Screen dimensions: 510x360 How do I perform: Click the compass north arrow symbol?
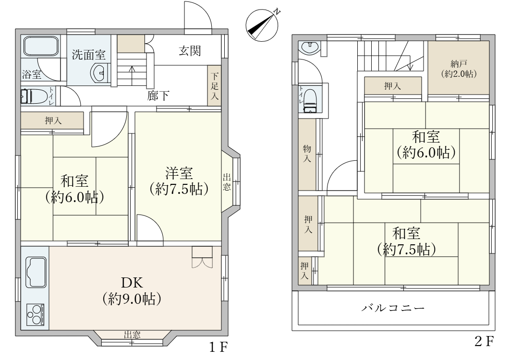pyautogui.click(x=262, y=25)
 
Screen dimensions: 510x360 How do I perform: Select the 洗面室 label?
pyautogui.click(x=88, y=54)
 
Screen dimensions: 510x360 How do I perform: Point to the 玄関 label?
pyautogui.click(x=190, y=51)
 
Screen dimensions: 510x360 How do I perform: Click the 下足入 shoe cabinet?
pyautogui.click(x=214, y=86)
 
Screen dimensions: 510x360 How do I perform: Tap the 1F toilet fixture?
pyautogui.click(x=35, y=96)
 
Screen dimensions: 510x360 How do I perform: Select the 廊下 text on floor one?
pyautogui.click(x=158, y=96)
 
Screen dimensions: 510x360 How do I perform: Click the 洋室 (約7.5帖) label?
pyautogui.click(x=179, y=181)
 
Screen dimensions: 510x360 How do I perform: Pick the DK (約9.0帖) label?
pyautogui.click(x=132, y=291)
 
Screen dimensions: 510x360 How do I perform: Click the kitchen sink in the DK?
pyautogui.click(x=36, y=272)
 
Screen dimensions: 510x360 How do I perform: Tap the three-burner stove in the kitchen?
pyautogui.click(x=35, y=314)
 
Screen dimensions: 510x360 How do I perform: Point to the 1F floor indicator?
pyautogui.click(x=218, y=348)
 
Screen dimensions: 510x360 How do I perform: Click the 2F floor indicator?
pyautogui.click(x=484, y=341)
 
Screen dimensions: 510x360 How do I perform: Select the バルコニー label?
pyautogui.click(x=393, y=308)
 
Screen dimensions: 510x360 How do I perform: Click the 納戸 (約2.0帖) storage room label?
pyautogui.click(x=459, y=69)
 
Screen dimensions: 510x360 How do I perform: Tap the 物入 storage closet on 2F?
pyautogui.click(x=307, y=154)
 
